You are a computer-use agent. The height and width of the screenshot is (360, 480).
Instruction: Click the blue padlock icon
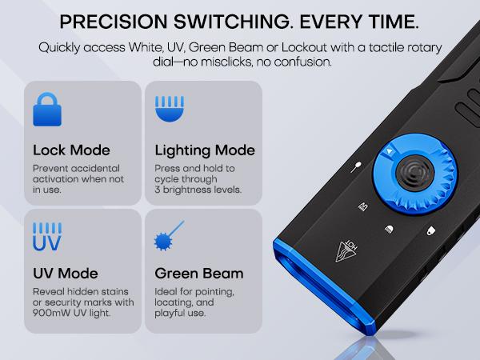[x=46, y=110]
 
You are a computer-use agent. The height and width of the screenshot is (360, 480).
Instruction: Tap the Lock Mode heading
[x=71, y=150]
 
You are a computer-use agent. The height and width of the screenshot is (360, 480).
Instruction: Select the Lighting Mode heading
[x=205, y=150]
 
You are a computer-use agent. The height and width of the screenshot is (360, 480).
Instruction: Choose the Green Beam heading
[x=198, y=274]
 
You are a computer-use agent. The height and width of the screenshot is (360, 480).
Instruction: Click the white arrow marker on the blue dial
[x=388, y=151]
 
